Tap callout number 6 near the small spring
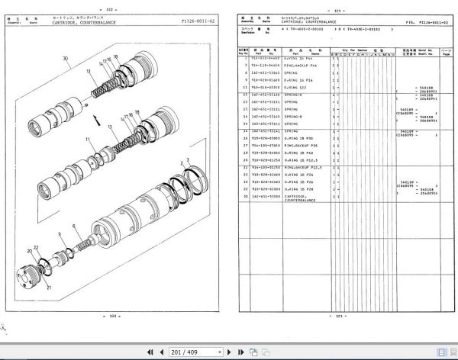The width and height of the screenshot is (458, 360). click(74, 227)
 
